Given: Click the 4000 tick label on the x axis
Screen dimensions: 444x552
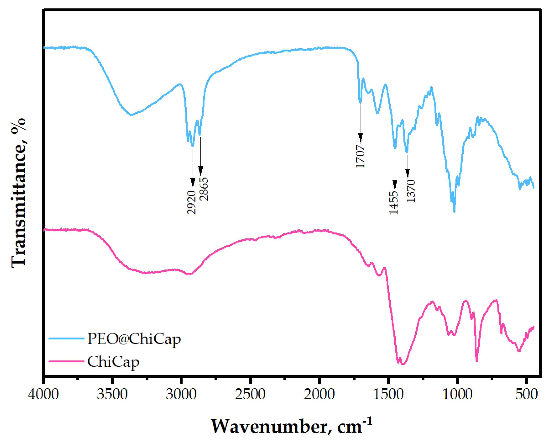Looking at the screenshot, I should pos(44,394).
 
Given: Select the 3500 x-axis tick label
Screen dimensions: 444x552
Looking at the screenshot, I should pos(112,394).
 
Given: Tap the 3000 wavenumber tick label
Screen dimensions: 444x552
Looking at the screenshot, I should pos(181,394).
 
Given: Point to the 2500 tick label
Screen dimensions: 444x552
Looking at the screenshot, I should pos(250,394).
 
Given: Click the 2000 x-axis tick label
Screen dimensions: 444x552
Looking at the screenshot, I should pos(319,394).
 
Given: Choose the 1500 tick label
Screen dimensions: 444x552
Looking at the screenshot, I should pos(388,394).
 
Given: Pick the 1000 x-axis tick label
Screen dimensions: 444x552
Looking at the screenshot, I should pos(457,394).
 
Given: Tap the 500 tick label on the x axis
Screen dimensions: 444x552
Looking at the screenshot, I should pos(526,394).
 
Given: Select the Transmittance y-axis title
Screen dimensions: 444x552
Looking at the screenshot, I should pos(18,193).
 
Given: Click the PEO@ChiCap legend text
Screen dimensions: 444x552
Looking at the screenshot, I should pos(134,339).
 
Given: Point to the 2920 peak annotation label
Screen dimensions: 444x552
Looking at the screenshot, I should pos(191,202).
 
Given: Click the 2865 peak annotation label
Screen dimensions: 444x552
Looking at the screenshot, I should pos(204,189).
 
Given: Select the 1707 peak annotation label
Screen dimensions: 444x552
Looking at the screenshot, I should pos(360,157).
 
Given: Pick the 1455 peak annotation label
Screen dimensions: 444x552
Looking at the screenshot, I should pos(394,203).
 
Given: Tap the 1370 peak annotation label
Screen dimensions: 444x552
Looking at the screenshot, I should pos(411,191).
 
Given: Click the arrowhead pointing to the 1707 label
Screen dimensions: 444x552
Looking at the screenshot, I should pos(361,138).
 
